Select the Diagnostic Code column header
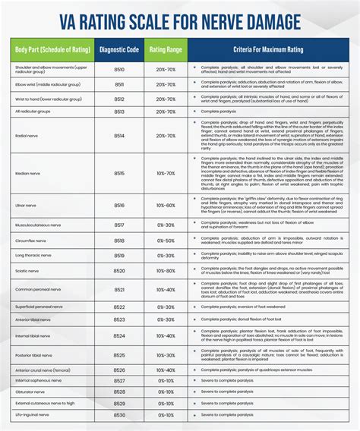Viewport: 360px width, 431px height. (119, 51)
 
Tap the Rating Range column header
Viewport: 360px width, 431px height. (166, 51)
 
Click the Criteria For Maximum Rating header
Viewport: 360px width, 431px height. (267, 51)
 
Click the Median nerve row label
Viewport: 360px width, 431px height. (27, 173)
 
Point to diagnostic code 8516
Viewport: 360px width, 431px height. (119, 206)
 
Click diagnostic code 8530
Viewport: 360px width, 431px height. (119, 415)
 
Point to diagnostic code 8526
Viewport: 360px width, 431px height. (119, 381)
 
